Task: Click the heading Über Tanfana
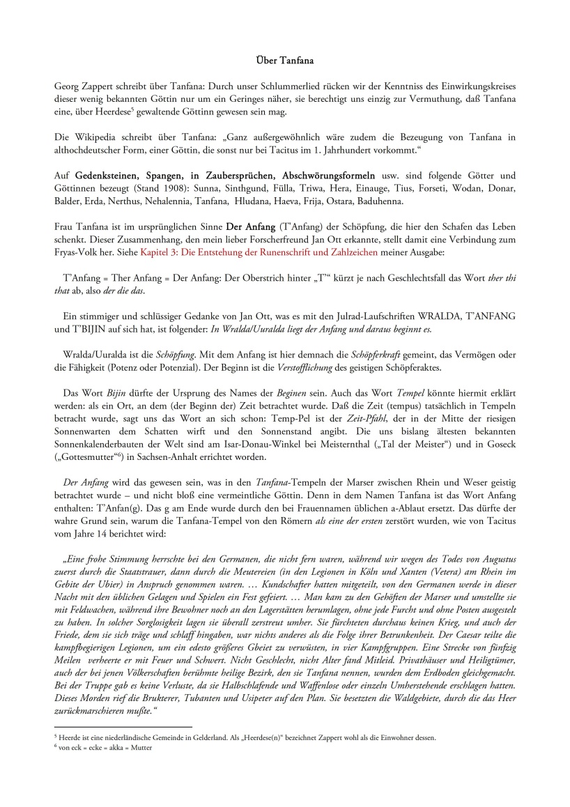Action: (284, 61)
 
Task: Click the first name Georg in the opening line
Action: (67, 85)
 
